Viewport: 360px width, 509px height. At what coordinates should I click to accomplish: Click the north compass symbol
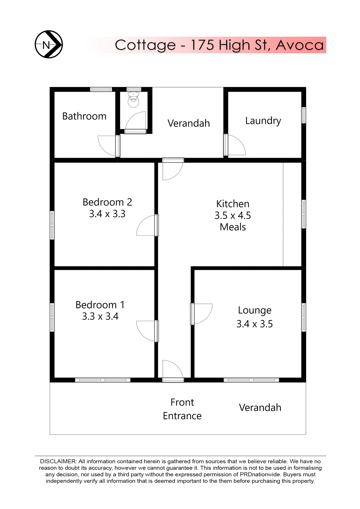coord(49,44)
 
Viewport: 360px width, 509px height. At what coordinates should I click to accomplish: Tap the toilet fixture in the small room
coord(133,100)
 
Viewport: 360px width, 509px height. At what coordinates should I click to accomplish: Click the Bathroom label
coord(84,116)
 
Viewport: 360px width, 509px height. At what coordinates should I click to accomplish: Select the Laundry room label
coord(263,121)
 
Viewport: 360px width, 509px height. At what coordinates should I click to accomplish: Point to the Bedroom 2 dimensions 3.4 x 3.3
coord(107,214)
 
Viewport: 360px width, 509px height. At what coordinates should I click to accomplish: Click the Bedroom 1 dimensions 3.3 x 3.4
coord(100,316)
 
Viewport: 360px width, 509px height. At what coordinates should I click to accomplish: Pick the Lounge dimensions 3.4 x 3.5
coord(254,324)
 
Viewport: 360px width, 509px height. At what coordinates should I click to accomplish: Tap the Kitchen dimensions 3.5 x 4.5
coord(232,215)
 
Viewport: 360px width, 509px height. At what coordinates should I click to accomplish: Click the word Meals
coord(233,227)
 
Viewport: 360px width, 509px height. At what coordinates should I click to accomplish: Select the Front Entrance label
coord(182,409)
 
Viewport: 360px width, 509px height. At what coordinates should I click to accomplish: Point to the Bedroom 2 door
coord(146,225)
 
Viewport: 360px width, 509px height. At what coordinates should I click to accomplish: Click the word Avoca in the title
coord(300,45)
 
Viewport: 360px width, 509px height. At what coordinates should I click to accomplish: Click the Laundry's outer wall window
coord(304,115)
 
